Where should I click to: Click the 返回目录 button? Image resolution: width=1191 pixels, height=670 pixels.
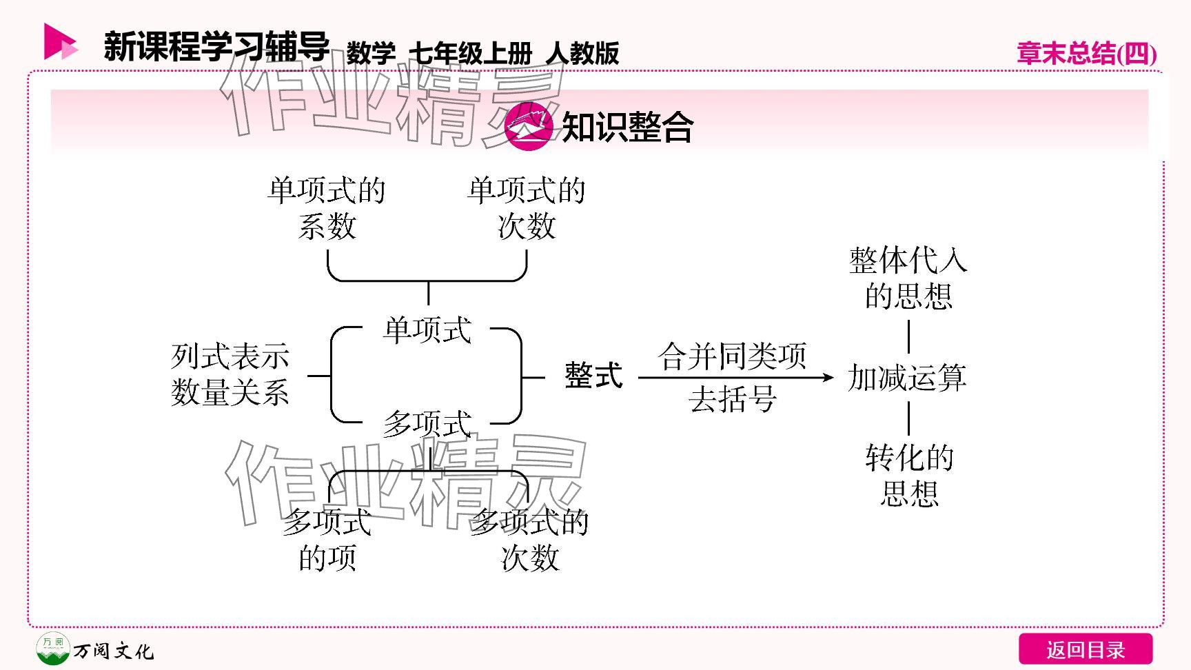tap(1085, 649)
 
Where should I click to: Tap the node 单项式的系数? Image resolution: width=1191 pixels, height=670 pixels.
tap(327, 208)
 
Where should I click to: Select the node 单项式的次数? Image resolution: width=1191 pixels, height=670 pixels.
tap(527, 208)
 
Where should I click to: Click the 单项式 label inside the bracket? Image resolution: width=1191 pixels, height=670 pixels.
tap(427, 330)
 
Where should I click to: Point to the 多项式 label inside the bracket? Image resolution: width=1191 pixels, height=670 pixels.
tap(427, 424)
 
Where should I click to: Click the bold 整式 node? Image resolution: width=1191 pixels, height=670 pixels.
tap(593, 376)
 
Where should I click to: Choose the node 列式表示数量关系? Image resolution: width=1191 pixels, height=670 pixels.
tap(230, 375)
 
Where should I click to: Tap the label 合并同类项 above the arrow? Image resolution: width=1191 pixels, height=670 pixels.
tap(732, 356)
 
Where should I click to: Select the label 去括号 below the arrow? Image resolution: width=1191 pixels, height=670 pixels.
tap(732, 399)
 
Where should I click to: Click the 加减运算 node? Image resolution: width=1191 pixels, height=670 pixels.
tap(907, 378)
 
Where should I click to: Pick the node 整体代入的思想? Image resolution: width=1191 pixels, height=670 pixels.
tap(908, 278)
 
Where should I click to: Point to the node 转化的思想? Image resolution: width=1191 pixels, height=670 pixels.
tap(909, 476)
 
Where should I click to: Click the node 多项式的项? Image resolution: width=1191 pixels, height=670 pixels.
tap(327, 540)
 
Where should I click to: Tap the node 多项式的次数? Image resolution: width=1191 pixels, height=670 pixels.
tap(529, 540)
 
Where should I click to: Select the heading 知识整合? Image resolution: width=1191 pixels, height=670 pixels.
tap(627, 127)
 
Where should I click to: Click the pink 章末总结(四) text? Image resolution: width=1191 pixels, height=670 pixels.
tap(1086, 53)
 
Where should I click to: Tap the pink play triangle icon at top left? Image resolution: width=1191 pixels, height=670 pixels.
tap(59, 42)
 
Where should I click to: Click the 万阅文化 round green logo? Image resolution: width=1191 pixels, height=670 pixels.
tap(52, 649)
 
